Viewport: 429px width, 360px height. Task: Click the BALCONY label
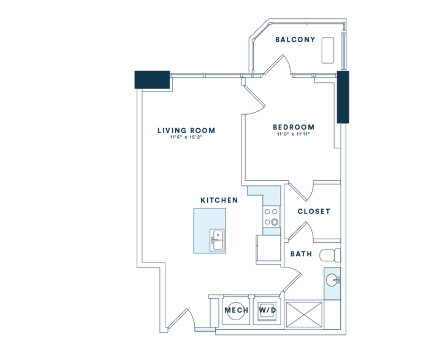click(x=295, y=40)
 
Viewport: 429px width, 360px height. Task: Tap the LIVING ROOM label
click(x=186, y=131)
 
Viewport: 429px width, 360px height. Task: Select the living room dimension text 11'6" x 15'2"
click(x=186, y=137)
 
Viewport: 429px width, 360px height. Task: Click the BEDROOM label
click(x=294, y=127)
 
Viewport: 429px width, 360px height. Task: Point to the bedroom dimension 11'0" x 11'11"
click(x=294, y=134)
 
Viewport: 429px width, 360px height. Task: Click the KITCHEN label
click(x=219, y=201)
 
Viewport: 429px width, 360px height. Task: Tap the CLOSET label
click(x=314, y=212)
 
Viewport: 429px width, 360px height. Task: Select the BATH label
click(x=302, y=254)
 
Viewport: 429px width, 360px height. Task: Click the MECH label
click(x=237, y=310)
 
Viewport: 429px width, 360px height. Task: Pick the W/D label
click(x=268, y=310)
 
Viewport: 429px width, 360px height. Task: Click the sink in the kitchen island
click(x=217, y=240)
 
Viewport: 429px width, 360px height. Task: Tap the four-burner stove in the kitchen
click(x=271, y=217)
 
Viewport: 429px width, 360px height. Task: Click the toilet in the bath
click(x=330, y=255)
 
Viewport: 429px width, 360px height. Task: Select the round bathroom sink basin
click(x=333, y=280)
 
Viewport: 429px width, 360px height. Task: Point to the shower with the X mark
click(x=304, y=314)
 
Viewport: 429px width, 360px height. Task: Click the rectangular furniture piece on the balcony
click(x=328, y=51)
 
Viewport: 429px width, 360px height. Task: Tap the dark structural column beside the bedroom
click(x=343, y=97)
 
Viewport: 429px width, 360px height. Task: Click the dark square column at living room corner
click(x=152, y=80)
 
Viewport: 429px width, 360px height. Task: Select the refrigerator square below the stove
click(x=268, y=248)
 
